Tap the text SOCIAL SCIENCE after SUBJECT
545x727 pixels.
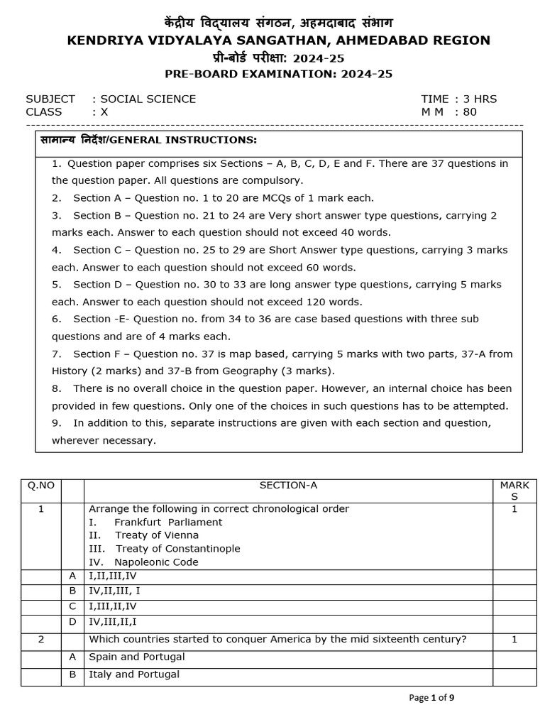point(148,99)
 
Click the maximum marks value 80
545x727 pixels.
point(470,111)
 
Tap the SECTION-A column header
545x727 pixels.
point(288,485)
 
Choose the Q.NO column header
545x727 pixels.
point(41,485)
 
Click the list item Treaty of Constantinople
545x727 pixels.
point(177,548)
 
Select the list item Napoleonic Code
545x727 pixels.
point(156,562)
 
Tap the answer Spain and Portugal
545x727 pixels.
point(136,657)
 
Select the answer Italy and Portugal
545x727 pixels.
point(133,674)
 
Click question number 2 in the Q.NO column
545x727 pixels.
point(41,640)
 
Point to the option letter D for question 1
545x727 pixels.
point(72,622)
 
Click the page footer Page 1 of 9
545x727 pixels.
point(431,697)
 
